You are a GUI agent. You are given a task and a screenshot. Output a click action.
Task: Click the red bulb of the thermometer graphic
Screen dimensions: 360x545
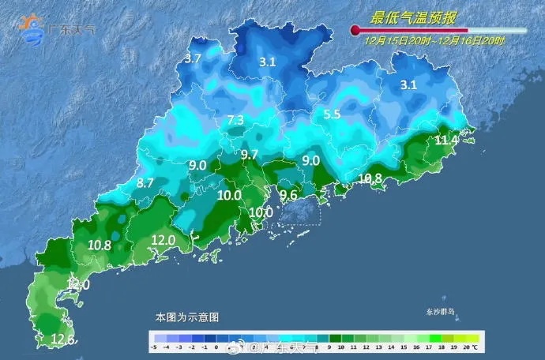click(x=355, y=31)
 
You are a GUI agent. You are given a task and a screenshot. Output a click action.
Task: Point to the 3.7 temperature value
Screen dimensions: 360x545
click(x=193, y=58)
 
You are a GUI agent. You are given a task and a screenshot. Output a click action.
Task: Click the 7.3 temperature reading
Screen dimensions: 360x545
click(x=235, y=120)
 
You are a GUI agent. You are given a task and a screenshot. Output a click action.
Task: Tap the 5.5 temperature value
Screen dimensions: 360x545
click(x=332, y=114)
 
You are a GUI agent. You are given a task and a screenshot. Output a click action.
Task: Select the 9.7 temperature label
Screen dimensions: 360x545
click(x=250, y=154)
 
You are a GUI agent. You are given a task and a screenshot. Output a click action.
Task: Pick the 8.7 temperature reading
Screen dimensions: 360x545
click(x=145, y=182)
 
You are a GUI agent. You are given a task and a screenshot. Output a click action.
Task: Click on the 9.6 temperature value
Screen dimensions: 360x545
click(x=289, y=195)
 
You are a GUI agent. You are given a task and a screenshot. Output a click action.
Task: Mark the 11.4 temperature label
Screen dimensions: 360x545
click(x=446, y=141)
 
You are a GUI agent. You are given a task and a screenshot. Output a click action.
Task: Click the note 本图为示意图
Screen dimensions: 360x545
click(x=186, y=317)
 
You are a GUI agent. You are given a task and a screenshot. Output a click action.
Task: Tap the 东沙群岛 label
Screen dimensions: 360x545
click(x=441, y=313)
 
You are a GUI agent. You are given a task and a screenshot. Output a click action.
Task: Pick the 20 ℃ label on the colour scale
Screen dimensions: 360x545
click(x=469, y=346)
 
